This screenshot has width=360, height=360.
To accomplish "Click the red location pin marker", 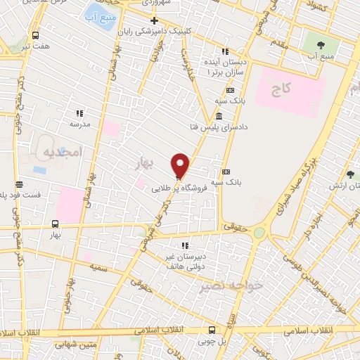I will click(181, 165).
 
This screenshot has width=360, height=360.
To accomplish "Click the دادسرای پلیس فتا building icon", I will click(220, 115).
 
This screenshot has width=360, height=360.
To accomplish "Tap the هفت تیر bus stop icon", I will click(36, 35).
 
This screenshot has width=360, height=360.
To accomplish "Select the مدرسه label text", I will click(79, 123).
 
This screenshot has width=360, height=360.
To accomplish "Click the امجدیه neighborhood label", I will click(62, 151).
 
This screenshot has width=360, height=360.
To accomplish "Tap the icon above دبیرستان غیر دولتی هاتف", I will click(186, 246).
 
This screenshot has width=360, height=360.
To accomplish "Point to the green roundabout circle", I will click(259, 232).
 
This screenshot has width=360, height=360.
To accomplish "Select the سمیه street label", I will click(98, 268).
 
